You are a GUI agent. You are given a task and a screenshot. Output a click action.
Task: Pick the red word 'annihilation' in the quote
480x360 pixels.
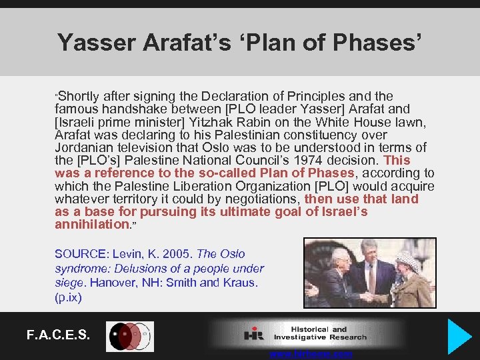click(x=93, y=225)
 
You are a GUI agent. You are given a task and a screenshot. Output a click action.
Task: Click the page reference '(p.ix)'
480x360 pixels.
click(x=68, y=298)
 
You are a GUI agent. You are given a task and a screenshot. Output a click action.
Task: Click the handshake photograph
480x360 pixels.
click(x=369, y=273)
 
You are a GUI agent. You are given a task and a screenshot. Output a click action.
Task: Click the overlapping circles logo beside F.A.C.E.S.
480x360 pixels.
click(x=130, y=336)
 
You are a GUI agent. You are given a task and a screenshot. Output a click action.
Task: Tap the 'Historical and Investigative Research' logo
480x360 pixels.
click(x=307, y=334)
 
